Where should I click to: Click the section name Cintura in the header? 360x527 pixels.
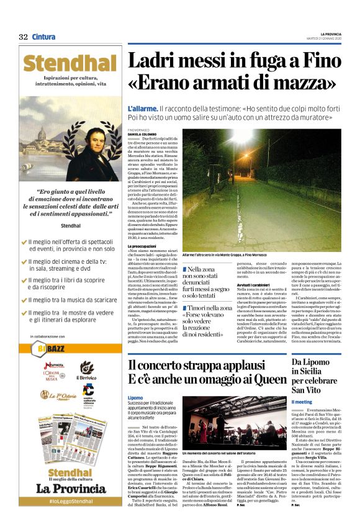click(43, 37)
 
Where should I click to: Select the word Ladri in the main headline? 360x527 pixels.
click(155, 61)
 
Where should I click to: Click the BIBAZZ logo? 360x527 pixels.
click(51, 346)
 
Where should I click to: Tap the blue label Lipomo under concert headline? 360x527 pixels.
click(135, 397)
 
